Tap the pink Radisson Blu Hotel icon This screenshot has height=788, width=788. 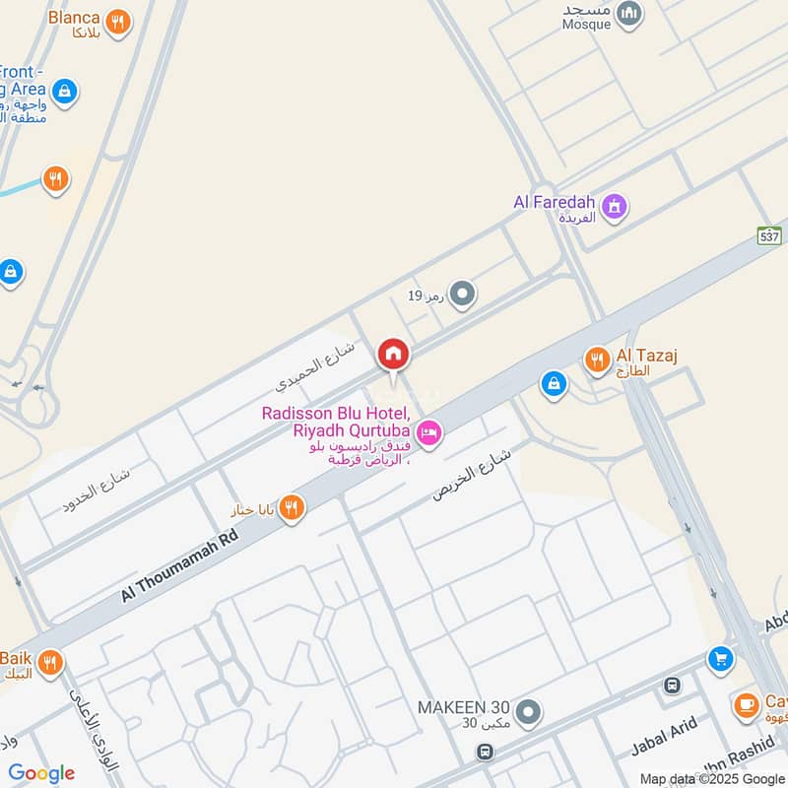(429, 432)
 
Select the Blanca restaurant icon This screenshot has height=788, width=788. (118, 21)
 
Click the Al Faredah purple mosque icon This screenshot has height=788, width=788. (615, 207)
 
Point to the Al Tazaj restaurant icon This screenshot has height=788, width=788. (597, 361)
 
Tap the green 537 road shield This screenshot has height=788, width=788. (769, 236)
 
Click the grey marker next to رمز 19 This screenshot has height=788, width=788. (462, 295)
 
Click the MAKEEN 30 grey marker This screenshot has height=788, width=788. (529, 711)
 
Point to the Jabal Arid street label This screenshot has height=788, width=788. (664, 737)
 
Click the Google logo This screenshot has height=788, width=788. (41, 773)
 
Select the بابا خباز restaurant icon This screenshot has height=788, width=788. (292, 508)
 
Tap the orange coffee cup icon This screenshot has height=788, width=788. (746, 705)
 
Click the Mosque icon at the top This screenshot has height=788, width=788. (629, 15)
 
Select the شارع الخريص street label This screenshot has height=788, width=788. (473, 471)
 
